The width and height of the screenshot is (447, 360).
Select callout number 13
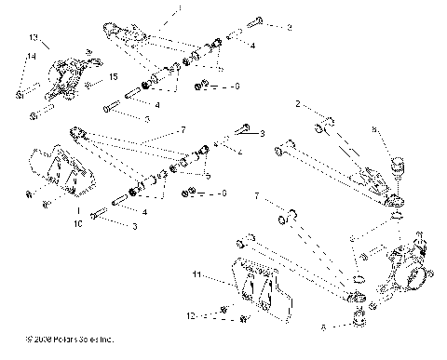coord(33,38)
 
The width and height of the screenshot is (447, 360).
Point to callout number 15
coord(115,76)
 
